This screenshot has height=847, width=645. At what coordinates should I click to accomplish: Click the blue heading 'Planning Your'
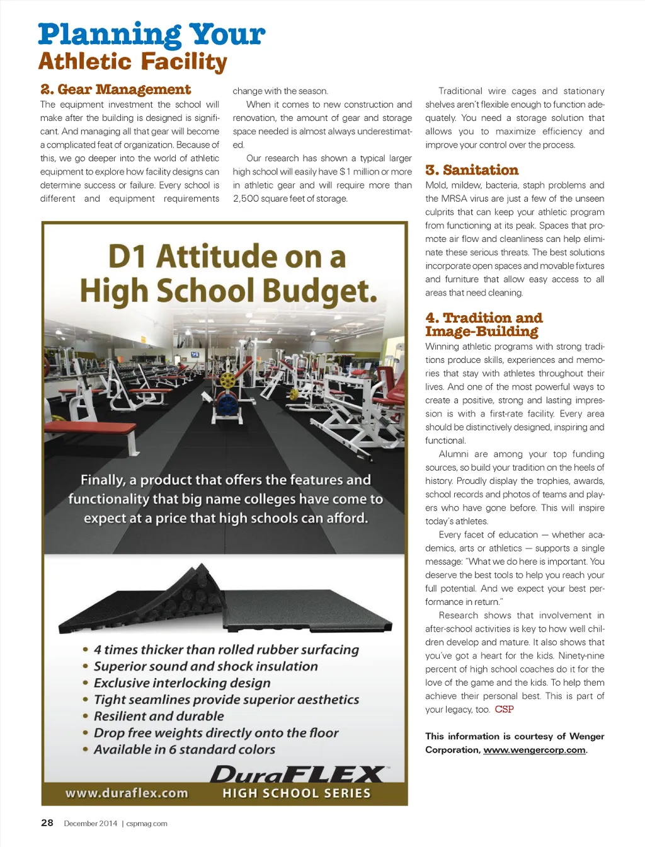pyautogui.click(x=151, y=35)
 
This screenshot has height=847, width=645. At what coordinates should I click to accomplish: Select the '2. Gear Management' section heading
pyautogui.click(x=116, y=89)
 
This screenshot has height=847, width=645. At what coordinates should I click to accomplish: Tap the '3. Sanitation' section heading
pyautogui.click(x=472, y=170)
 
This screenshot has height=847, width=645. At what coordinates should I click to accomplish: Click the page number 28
pyautogui.click(x=47, y=823)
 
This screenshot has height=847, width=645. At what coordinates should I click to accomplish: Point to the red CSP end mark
pyautogui.click(x=504, y=710)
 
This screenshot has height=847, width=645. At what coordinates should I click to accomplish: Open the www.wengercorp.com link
pyautogui.click(x=534, y=750)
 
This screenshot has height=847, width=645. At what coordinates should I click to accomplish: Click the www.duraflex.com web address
pyautogui.click(x=127, y=793)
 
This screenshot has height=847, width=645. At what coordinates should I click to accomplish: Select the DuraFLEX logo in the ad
pyautogui.click(x=299, y=775)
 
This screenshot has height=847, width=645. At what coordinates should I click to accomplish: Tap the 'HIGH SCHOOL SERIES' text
pyautogui.click(x=297, y=793)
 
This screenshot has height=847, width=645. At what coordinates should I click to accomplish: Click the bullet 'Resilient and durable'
pyautogui.click(x=159, y=717)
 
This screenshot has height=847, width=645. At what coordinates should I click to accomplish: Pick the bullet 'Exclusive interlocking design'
pyautogui.click(x=182, y=683)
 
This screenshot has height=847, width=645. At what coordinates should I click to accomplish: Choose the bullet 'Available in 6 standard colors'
pyautogui.click(x=185, y=750)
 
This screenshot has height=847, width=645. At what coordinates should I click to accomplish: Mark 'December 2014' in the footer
pyautogui.click(x=91, y=824)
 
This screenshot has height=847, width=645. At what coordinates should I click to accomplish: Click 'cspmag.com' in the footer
pyautogui.click(x=147, y=824)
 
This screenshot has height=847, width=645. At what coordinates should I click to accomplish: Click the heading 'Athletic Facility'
pyautogui.click(x=132, y=62)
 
